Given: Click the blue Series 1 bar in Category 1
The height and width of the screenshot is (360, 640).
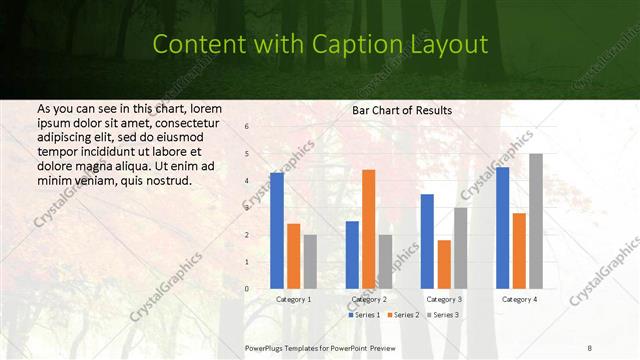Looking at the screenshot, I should click(277, 231).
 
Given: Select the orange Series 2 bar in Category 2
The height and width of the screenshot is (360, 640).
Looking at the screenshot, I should click(369, 229).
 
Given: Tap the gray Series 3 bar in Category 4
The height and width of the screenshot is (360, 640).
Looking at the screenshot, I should click(536, 221).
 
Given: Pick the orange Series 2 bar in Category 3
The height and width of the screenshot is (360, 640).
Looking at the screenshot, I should click(444, 264).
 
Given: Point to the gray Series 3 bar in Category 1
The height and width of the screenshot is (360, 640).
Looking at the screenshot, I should click(310, 261).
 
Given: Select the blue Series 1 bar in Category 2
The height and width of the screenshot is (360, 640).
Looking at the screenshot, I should click(352, 255).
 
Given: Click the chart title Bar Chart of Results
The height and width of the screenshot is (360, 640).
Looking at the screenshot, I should click(402, 110).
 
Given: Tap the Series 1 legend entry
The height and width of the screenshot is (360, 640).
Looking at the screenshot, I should click(364, 315).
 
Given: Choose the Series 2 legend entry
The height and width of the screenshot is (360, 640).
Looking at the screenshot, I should click(404, 315).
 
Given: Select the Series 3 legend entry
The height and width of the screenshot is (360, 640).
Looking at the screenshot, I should click(444, 315).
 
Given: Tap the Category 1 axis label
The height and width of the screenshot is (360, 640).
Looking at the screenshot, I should click(294, 299).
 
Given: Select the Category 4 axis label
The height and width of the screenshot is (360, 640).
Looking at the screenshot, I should click(519, 299).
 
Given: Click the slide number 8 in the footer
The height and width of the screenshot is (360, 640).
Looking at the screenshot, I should click(589, 347).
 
